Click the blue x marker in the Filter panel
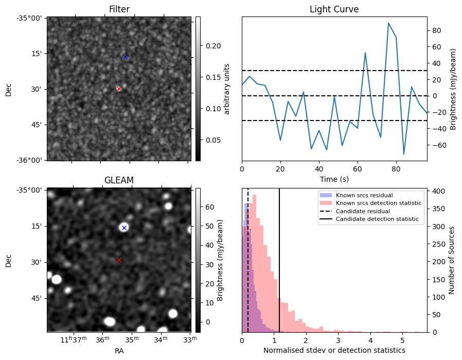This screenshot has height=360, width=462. click(125, 57)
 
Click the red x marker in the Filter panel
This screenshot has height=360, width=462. click(119, 89)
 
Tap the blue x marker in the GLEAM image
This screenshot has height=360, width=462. click(124, 228)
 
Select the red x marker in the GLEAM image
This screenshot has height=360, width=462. click(119, 260)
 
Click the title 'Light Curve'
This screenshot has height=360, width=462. click(334, 9)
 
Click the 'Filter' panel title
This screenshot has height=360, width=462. click(119, 9)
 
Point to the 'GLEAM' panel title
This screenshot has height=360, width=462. click(119, 180)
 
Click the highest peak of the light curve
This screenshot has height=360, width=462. click(388, 23)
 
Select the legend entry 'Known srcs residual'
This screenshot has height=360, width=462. click(364, 195)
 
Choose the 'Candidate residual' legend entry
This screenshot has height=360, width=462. click(363, 211)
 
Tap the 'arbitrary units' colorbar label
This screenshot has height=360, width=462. click(227, 89)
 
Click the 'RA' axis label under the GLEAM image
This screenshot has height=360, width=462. click(119, 351)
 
